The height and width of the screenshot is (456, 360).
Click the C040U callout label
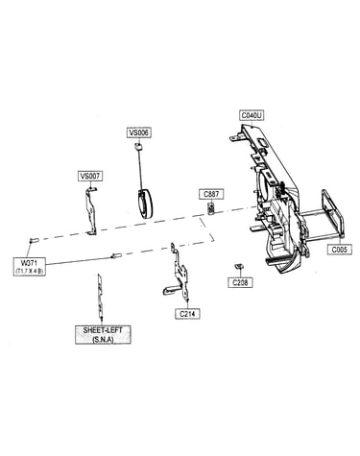[x=252, y=115]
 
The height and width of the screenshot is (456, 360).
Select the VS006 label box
[x=139, y=132]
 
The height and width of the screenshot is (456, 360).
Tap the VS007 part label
[x=90, y=176]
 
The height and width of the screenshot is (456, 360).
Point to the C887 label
[x=211, y=194]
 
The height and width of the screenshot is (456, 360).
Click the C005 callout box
[x=340, y=249]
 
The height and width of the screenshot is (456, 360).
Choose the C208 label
[x=240, y=282]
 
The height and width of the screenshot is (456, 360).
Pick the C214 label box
[x=187, y=314]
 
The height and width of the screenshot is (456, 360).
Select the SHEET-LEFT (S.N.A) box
[x=103, y=335]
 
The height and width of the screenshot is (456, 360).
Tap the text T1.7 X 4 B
[x=29, y=271]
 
